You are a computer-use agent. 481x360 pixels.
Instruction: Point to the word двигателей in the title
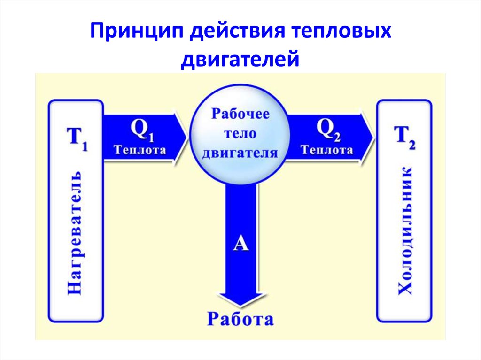[x=240, y=59]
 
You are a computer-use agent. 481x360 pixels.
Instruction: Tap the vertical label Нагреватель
[x=75, y=233]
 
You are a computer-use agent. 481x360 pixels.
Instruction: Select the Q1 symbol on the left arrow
[x=142, y=130]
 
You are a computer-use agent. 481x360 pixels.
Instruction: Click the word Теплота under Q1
[x=140, y=150]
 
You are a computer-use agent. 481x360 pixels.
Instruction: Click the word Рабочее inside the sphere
[x=240, y=114]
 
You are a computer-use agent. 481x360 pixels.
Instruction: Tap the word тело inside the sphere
[x=240, y=134]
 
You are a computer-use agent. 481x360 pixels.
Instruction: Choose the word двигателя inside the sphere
[x=240, y=153]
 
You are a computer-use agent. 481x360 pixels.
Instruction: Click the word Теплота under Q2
[x=327, y=150]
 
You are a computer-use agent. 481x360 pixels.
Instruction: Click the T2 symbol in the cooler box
[x=404, y=138]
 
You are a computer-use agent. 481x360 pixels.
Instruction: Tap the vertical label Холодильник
[x=404, y=231]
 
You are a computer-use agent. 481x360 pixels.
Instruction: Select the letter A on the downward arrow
[x=240, y=244]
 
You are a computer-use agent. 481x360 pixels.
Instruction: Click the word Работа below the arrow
[x=240, y=319]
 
